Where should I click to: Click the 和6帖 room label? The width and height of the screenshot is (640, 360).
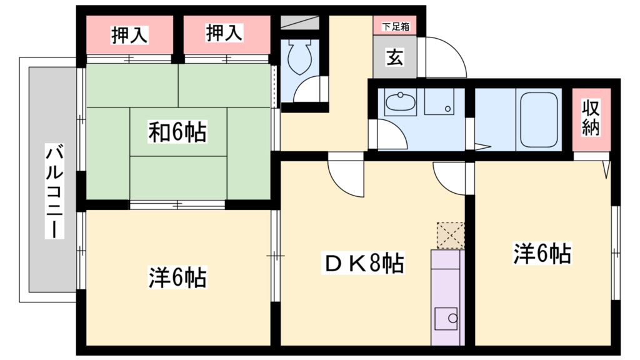click(x=177, y=132)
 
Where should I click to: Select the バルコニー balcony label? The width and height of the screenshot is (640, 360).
click(x=55, y=191)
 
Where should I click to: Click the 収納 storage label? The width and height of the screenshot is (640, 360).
click(x=591, y=118)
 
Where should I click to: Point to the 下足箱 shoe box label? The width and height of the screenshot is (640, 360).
click(x=395, y=27)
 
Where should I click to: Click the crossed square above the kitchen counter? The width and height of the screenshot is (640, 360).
click(x=451, y=236)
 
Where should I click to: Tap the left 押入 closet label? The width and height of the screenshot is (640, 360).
click(x=129, y=35)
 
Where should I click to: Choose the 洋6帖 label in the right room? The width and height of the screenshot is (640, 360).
click(x=542, y=253)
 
